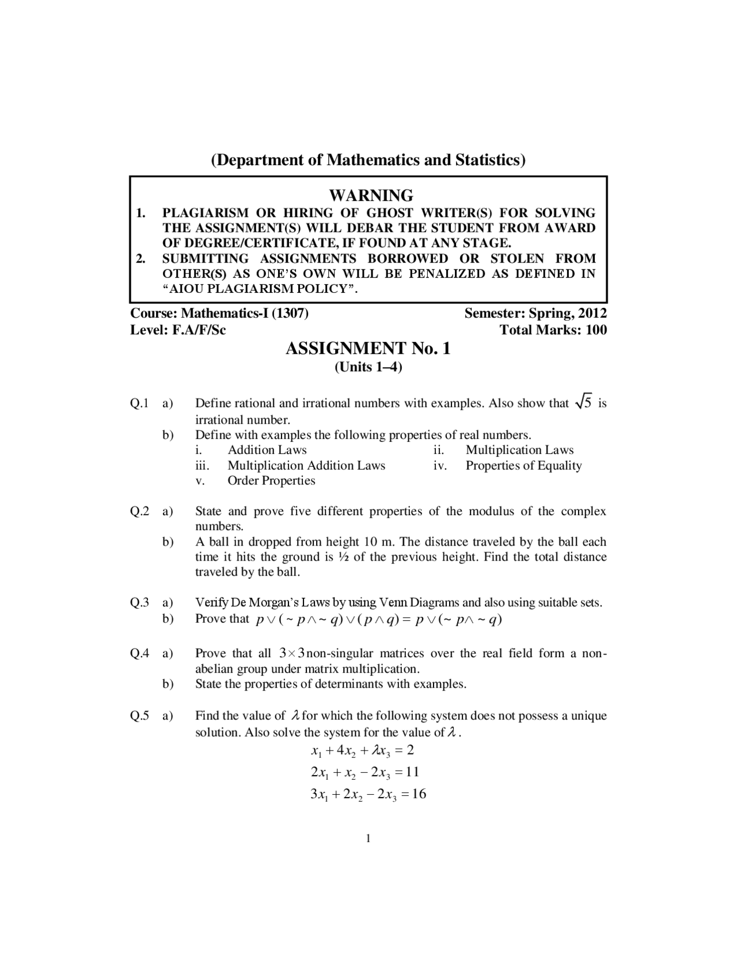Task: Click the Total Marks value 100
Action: (595, 330)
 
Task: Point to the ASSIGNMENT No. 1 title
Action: (368, 348)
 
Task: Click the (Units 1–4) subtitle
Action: (368, 367)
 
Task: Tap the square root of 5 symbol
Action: (583, 403)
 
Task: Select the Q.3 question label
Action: (139, 603)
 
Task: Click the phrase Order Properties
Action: (271, 481)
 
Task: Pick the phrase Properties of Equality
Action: (523, 465)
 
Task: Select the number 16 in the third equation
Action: (419, 794)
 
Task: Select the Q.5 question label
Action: (139, 716)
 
